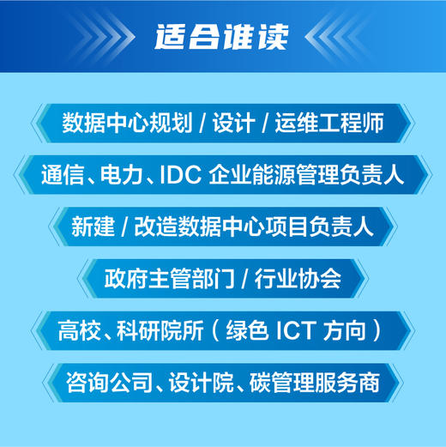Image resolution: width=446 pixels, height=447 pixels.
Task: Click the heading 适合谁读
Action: (222, 37)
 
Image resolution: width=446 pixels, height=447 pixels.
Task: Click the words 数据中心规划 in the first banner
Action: (125, 123)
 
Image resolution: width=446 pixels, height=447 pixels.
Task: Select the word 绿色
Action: (240, 329)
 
